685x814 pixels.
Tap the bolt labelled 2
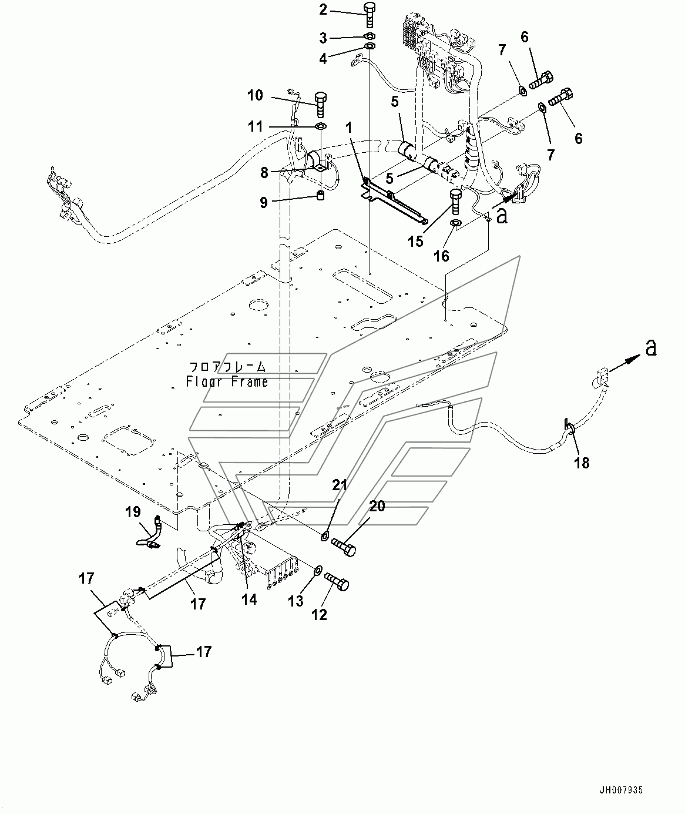tap(370, 15)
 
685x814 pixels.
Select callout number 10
tap(255, 95)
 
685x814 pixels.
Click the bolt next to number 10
tap(320, 104)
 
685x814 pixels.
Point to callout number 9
tap(264, 203)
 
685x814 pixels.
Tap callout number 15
tap(415, 241)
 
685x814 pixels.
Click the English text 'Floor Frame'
tap(227, 382)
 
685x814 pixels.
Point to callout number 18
tap(581, 463)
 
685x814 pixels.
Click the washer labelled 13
tap(316, 570)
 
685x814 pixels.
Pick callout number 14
tap(249, 599)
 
